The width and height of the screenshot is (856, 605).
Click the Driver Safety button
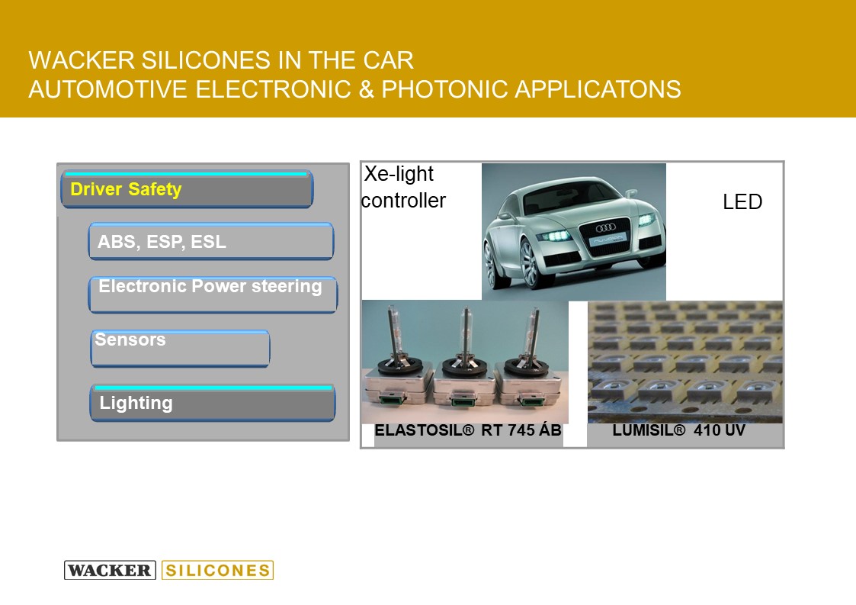point(187,189)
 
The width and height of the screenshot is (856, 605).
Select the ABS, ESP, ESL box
point(210,241)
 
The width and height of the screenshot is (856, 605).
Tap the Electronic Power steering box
point(213,294)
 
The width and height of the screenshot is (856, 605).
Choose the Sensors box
point(180,348)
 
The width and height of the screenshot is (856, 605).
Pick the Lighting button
point(213,403)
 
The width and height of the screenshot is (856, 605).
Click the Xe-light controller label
point(403,187)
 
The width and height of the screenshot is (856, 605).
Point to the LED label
point(742,201)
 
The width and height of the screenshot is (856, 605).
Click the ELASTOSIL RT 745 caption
point(468,430)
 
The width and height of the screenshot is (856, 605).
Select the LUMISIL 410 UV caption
point(678,430)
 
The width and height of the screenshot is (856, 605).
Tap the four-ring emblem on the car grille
point(605,227)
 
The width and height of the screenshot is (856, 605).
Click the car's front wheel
point(530,264)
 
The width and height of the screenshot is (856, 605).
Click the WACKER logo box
point(110,570)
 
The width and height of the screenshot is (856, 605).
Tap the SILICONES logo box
point(217,570)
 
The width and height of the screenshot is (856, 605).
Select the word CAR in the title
point(388,60)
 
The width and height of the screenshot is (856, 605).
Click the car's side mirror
point(631,192)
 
